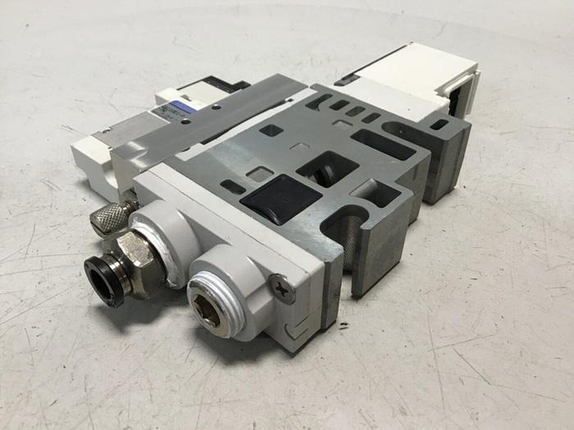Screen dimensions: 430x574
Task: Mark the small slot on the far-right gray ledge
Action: (x=440, y=124)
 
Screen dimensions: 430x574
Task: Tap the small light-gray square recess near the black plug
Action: (x=259, y=174)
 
